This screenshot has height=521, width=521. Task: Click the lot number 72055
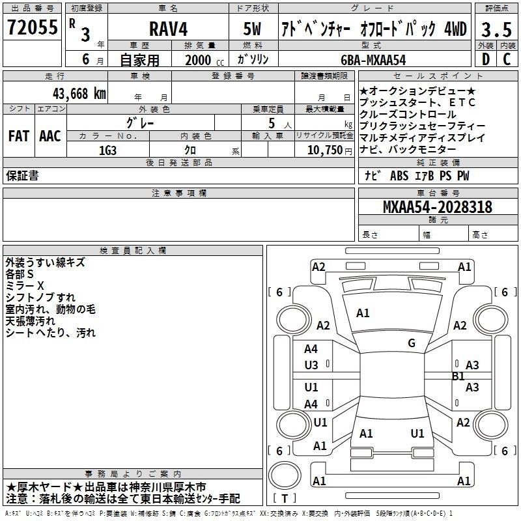[32, 27]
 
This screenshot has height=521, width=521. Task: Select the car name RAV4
[169, 29]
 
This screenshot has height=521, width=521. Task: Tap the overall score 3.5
[496, 29]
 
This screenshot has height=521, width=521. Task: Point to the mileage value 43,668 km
[79, 94]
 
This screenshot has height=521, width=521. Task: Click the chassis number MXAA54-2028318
[438, 207]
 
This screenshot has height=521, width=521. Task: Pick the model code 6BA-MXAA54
[373, 60]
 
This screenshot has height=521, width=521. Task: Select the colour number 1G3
[107, 150]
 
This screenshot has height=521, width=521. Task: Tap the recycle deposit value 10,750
[325, 150]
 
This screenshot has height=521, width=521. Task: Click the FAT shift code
[19, 136]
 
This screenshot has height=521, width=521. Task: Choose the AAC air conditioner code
[50, 136]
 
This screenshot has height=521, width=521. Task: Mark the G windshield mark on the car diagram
[412, 343]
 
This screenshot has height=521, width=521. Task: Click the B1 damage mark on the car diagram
[458, 376]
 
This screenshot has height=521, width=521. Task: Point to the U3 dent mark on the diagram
[311, 365]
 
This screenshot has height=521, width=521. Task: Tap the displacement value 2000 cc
[204, 60]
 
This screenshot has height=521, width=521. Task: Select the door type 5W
[252, 29]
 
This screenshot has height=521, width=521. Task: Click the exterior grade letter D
[486, 59]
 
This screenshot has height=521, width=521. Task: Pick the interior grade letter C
[507, 59]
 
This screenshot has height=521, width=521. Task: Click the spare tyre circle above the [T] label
[285, 475]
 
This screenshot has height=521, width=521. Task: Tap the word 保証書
[22, 175]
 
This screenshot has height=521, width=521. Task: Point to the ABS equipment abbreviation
[399, 176]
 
